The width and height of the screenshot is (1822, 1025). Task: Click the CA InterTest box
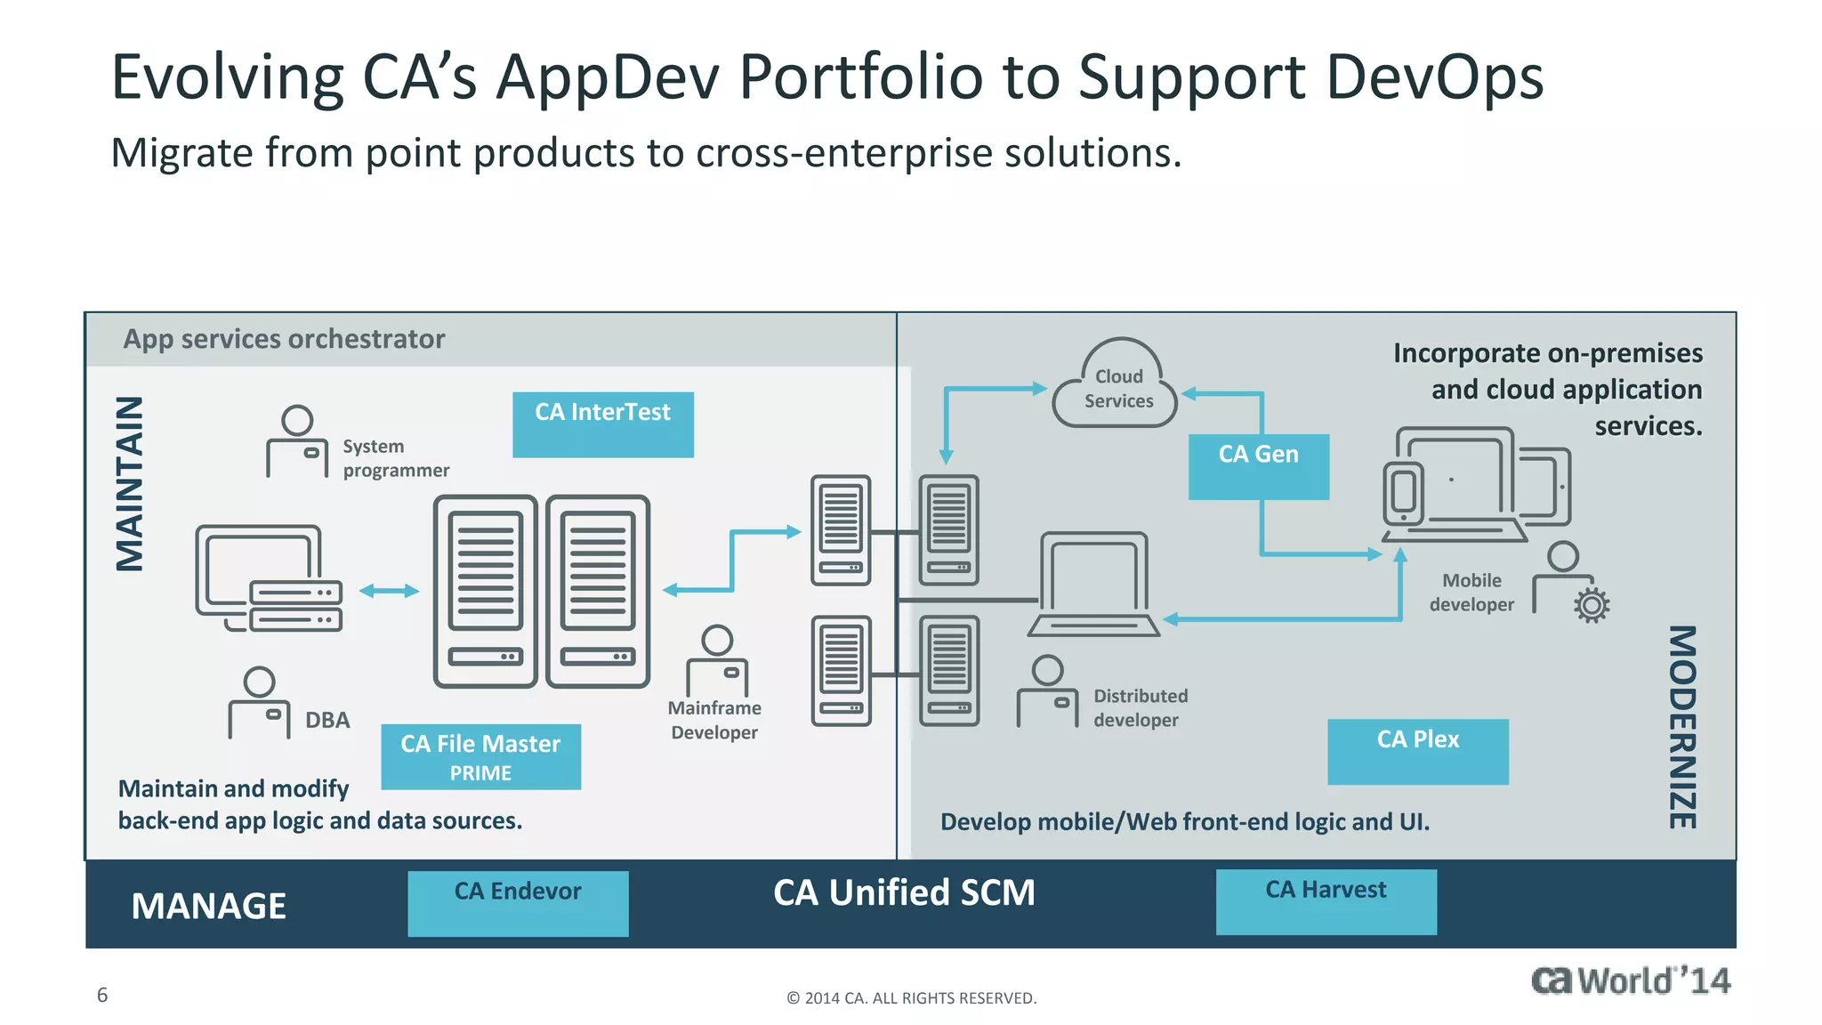pos(602,424)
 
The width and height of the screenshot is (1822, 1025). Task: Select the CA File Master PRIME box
pos(480,756)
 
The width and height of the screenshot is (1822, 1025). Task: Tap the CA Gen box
pos(1258,466)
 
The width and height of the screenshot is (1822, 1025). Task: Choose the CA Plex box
pos(1417,751)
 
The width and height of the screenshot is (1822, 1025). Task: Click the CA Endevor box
pos(518,902)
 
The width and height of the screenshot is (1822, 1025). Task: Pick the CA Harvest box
pos(1326,901)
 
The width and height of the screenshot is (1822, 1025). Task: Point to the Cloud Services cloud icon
pos(1117,388)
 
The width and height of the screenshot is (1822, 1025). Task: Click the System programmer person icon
pos(297,442)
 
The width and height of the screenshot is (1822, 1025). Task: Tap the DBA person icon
pos(259,703)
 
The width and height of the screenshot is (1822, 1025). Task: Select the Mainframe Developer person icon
pos(717,660)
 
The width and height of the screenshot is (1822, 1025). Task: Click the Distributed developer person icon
pos(1048,691)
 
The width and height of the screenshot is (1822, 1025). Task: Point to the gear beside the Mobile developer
pos(1592,605)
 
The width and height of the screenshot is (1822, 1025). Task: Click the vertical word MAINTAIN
pos(130,483)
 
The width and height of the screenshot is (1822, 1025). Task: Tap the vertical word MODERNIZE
pos(1681,727)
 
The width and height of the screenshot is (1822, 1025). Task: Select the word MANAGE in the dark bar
pos(208,906)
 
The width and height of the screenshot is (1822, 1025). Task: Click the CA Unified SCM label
pos(904,892)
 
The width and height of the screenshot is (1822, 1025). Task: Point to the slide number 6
pos(102,995)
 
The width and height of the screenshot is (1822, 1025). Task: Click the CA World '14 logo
pos(1630,981)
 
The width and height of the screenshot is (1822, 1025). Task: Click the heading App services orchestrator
pos(284,339)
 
